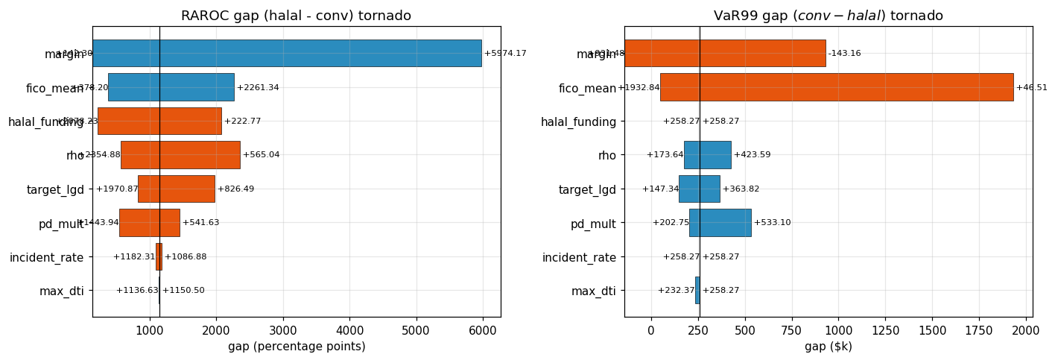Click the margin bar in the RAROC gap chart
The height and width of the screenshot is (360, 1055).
287,53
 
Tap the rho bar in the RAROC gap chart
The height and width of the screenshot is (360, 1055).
180,155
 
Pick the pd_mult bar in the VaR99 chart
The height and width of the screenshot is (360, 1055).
720,222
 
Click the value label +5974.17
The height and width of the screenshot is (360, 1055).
505,54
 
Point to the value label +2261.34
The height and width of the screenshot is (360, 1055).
258,88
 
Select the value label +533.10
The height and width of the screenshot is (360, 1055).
772,223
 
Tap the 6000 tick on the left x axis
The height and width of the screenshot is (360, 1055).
482,331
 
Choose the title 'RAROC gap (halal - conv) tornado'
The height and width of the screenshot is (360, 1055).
296,16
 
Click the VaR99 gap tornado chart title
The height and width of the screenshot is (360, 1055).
828,16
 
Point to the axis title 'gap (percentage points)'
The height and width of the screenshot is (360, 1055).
297,347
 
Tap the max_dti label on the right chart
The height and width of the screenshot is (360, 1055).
594,291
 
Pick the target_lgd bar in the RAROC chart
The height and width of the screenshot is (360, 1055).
176,189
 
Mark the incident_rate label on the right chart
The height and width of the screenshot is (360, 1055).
579,257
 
